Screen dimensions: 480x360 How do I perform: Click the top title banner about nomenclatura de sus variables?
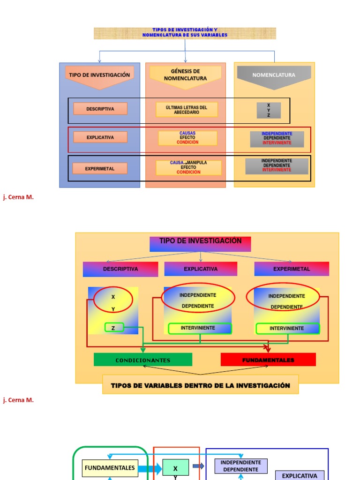click(x=185, y=33)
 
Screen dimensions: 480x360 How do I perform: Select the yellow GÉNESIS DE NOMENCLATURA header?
click(x=185, y=75)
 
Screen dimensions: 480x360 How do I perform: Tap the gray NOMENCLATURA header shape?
click(x=274, y=75)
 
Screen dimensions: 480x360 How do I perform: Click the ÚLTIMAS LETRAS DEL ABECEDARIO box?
click(x=187, y=110)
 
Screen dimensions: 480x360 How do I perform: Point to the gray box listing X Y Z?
click(x=269, y=111)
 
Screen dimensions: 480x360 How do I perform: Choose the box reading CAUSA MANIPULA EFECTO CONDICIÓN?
click(x=188, y=168)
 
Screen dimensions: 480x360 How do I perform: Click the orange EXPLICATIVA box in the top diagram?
click(x=100, y=137)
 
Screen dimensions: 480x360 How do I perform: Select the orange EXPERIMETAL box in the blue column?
click(x=100, y=169)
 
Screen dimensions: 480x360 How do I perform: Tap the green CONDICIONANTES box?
click(x=143, y=360)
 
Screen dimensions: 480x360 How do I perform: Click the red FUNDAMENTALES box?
click(x=268, y=360)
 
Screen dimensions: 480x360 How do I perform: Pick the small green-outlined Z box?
click(x=113, y=328)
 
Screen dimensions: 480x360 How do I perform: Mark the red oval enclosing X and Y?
click(x=113, y=300)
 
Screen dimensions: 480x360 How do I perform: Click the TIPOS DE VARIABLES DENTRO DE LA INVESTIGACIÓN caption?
click(x=200, y=385)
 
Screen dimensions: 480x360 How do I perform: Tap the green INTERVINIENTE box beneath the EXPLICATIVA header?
click(x=200, y=328)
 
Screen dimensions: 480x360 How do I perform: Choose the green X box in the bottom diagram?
click(x=175, y=468)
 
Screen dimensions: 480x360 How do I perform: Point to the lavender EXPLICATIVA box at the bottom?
click(x=299, y=475)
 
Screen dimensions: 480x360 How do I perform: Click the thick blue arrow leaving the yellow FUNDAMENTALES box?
click(x=150, y=468)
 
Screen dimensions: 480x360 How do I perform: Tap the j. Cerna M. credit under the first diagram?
click(x=18, y=197)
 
